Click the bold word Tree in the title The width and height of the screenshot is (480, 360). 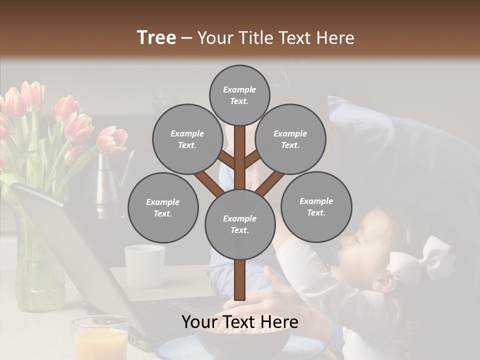pos(156,37)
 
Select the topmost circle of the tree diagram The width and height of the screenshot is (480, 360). pos(239,95)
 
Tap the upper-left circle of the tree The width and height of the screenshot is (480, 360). pos(187,139)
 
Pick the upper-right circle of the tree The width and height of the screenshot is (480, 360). pos(290,139)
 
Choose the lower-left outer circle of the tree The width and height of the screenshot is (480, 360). pos(163,207)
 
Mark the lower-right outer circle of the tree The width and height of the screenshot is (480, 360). pos(316,206)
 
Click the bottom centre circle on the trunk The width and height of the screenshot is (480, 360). pos(240,224)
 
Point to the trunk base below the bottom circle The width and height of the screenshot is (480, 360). pos(240,280)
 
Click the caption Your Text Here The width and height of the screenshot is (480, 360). pos(239,322)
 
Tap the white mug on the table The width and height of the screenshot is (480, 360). pos(145,266)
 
